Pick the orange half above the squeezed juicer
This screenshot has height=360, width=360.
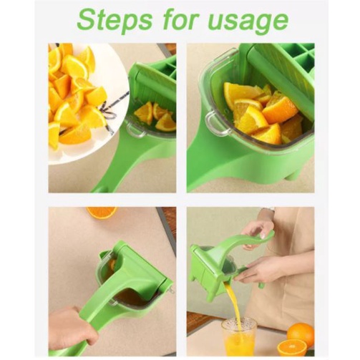pos(101,212)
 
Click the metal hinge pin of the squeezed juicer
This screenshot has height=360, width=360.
pos(170,287)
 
